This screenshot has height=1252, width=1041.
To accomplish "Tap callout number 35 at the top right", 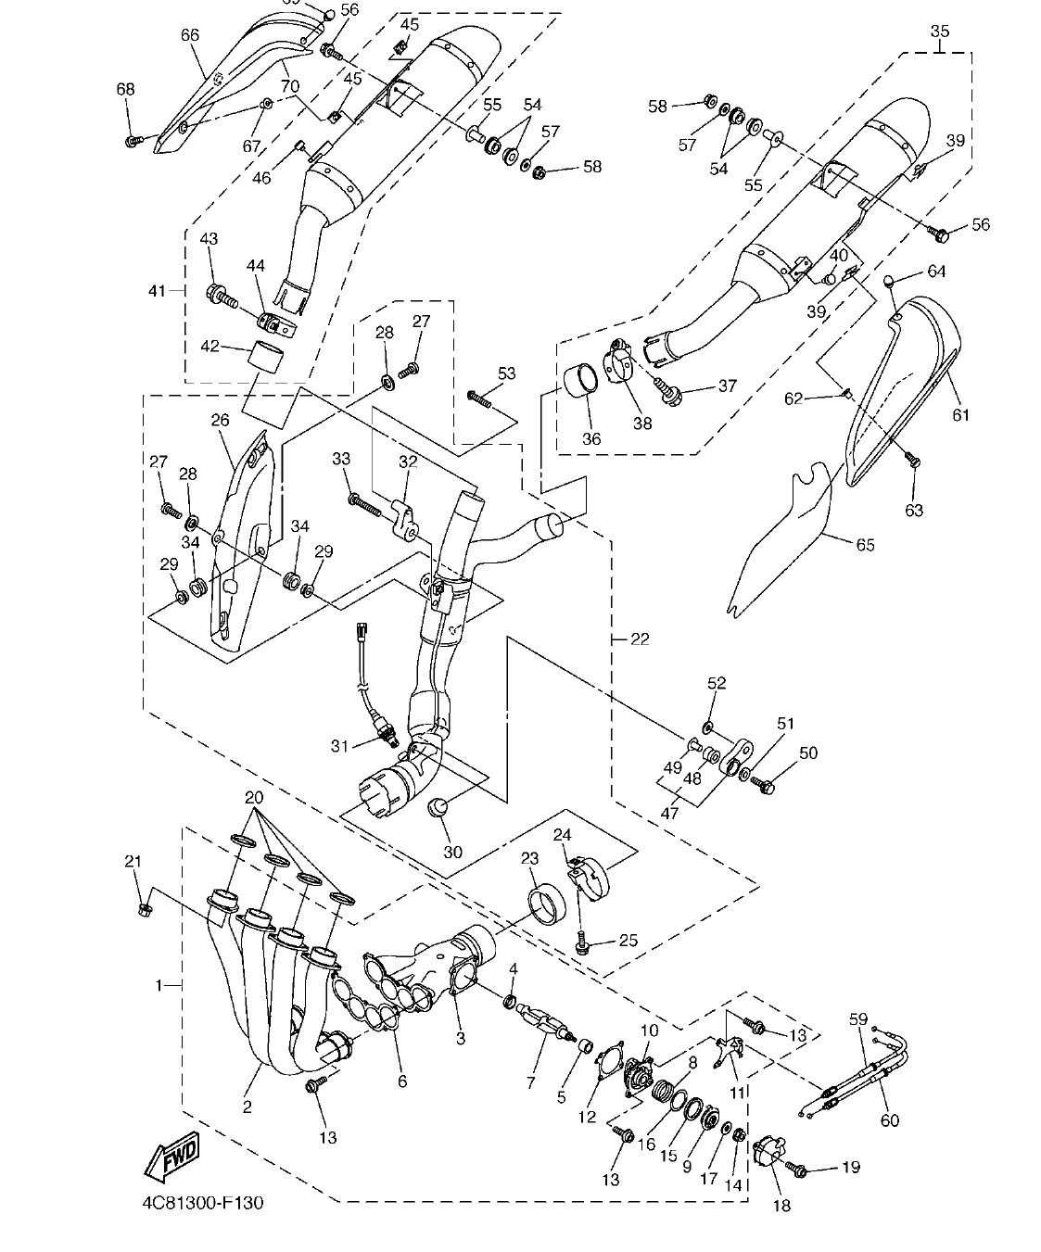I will click(x=939, y=31).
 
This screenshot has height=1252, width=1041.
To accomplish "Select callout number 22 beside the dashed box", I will click(x=640, y=639).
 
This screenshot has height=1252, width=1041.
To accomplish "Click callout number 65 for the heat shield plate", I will click(x=864, y=545).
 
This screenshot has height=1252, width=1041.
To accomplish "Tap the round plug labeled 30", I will click(x=438, y=807).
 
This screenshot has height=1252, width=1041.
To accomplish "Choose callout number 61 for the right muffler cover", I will click(x=959, y=414).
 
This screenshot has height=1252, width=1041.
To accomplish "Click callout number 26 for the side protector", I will click(x=220, y=420).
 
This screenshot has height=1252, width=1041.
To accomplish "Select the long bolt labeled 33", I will click(x=367, y=503).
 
